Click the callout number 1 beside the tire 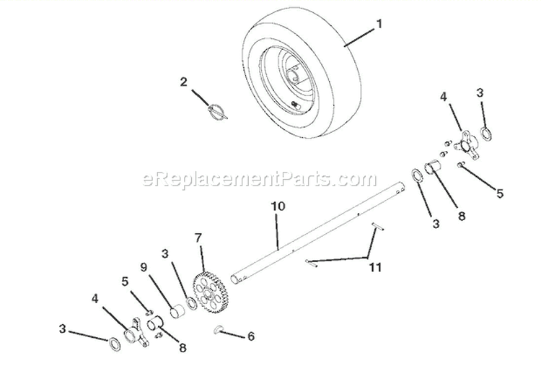point(378,25)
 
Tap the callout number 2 point(184,82)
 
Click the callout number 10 point(278,206)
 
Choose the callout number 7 point(199,237)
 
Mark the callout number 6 point(250,336)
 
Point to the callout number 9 point(144,267)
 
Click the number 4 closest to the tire point(444,95)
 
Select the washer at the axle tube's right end point(417,175)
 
